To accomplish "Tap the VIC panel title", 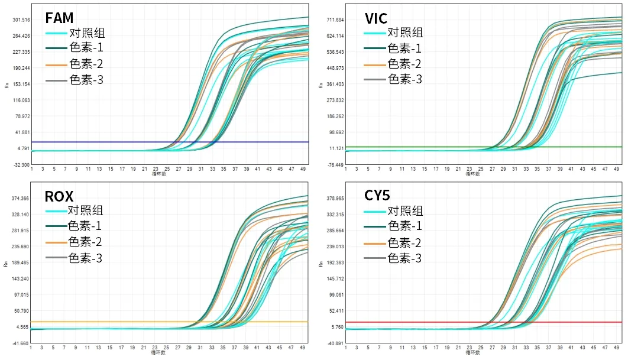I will click(x=376, y=18).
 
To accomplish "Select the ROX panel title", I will click(x=59, y=196).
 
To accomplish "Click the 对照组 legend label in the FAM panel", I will click(x=87, y=33).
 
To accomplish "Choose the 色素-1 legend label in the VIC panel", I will click(x=404, y=48).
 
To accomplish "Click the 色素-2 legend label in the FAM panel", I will click(x=86, y=64).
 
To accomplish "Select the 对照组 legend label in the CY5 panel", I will click(x=405, y=210).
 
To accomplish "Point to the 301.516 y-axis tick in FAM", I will click(x=21, y=20).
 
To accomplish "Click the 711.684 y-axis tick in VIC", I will click(x=335, y=20).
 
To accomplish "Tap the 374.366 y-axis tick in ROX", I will click(x=21, y=199).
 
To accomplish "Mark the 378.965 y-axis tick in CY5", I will click(x=335, y=199).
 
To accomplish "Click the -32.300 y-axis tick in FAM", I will click(x=21, y=165).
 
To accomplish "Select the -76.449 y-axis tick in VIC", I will click(x=335, y=165).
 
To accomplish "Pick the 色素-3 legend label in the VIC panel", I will click(x=404, y=79).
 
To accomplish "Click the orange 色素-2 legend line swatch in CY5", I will click(x=375, y=243).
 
